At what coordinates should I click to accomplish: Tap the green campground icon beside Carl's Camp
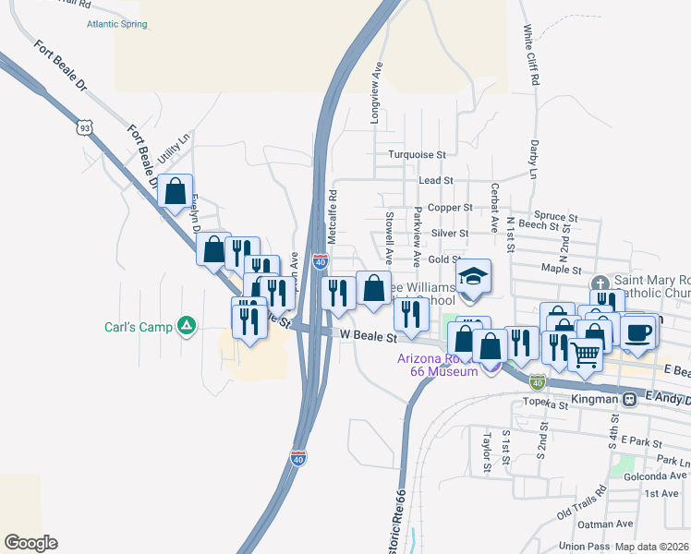tap(187, 325)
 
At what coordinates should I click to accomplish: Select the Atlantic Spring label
tap(116, 24)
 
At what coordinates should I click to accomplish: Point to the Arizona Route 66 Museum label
tap(438, 365)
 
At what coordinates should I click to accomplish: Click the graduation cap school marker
tap(472, 277)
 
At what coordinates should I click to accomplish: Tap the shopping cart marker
tap(585, 353)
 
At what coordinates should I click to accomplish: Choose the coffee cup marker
tap(637, 332)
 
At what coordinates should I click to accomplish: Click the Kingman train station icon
tap(629, 400)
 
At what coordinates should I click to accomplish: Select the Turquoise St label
tap(417, 155)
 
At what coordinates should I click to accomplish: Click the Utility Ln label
tap(173, 148)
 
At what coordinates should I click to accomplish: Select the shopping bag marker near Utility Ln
tap(175, 193)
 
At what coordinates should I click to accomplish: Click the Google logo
tap(30, 543)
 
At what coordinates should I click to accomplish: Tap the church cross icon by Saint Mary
tap(600, 283)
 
